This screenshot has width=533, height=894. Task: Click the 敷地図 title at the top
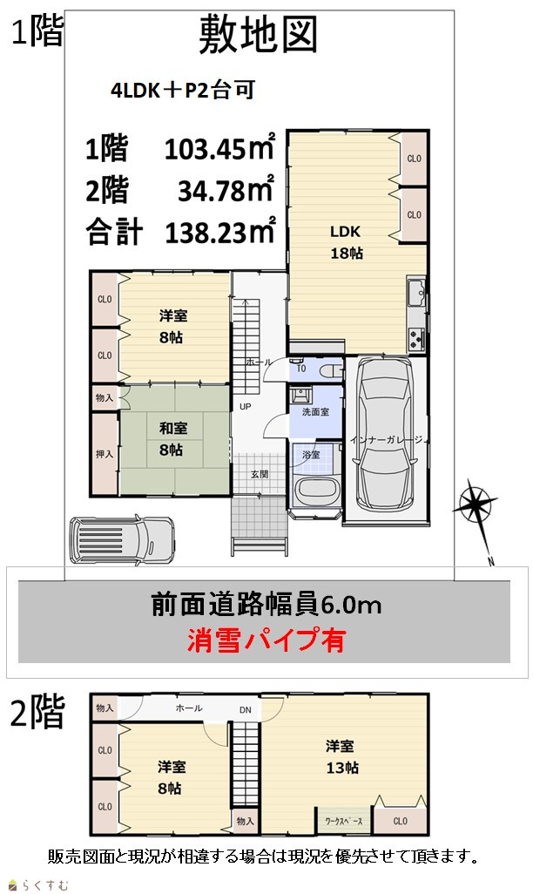tap(258, 35)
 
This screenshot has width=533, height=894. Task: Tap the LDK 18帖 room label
tap(346, 242)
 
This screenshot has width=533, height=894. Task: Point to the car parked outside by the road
tap(121, 539)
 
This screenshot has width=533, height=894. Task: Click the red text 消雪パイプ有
tap(266, 640)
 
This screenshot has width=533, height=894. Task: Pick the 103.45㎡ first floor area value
tap(219, 148)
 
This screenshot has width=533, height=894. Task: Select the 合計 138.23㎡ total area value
tap(180, 231)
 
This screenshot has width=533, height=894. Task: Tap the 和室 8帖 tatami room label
tap(172, 438)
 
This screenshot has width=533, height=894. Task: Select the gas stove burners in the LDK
tap(415, 339)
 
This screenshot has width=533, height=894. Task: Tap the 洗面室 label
tap(315, 411)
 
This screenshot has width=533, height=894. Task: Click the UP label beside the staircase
tap(245, 407)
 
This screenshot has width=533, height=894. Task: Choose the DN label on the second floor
tap(245, 710)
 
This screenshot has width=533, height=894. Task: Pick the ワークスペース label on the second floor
tap(343, 821)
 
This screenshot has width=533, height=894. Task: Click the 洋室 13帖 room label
tap(341, 756)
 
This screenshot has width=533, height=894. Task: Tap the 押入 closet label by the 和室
tap(105, 454)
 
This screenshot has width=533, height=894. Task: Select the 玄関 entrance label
tap(260, 474)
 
